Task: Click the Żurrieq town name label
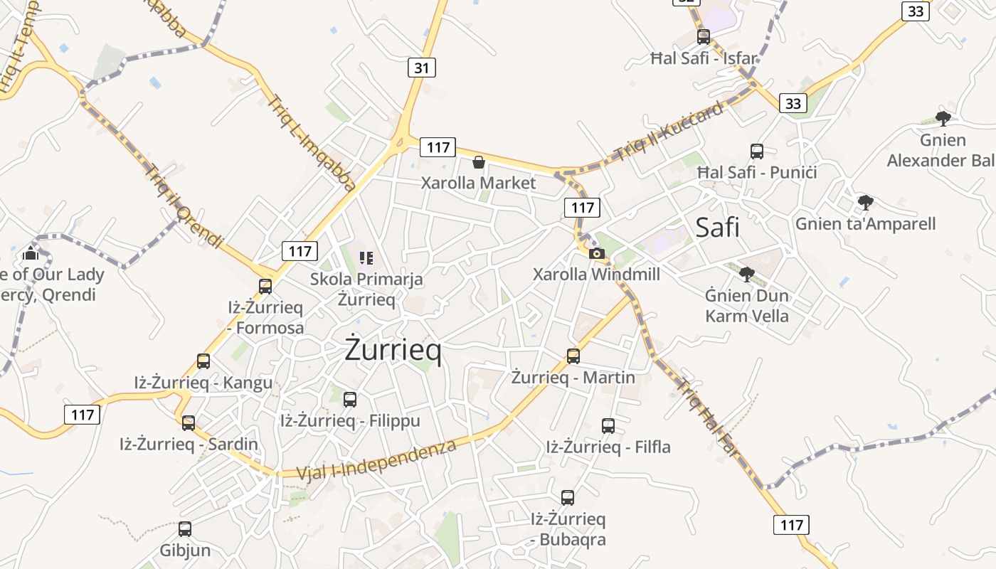click(x=393, y=350)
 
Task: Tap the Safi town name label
click(x=717, y=228)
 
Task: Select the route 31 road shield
click(x=422, y=68)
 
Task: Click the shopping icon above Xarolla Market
click(x=479, y=163)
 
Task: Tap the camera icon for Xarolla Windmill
click(x=597, y=254)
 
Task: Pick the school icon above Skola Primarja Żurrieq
click(x=366, y=257)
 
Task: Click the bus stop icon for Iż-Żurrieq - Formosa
click(x=265, y=287)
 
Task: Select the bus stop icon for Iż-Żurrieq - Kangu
click(x=203, y=361)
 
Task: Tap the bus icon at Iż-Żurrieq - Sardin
click(x=189, y=423)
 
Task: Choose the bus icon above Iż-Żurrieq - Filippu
click(x=350, y=400)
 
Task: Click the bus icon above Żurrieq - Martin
click(x=573, y=356)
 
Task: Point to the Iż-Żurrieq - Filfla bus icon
click(x=608, y=426)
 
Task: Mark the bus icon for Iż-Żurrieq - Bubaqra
click(x=568, y=498)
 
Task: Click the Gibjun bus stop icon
click(x=185, y=529)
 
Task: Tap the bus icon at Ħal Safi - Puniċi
click(x=757, y=151)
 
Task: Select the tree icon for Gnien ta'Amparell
click(x=865, y=203)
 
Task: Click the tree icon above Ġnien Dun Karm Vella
click(x=746, y=274)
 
